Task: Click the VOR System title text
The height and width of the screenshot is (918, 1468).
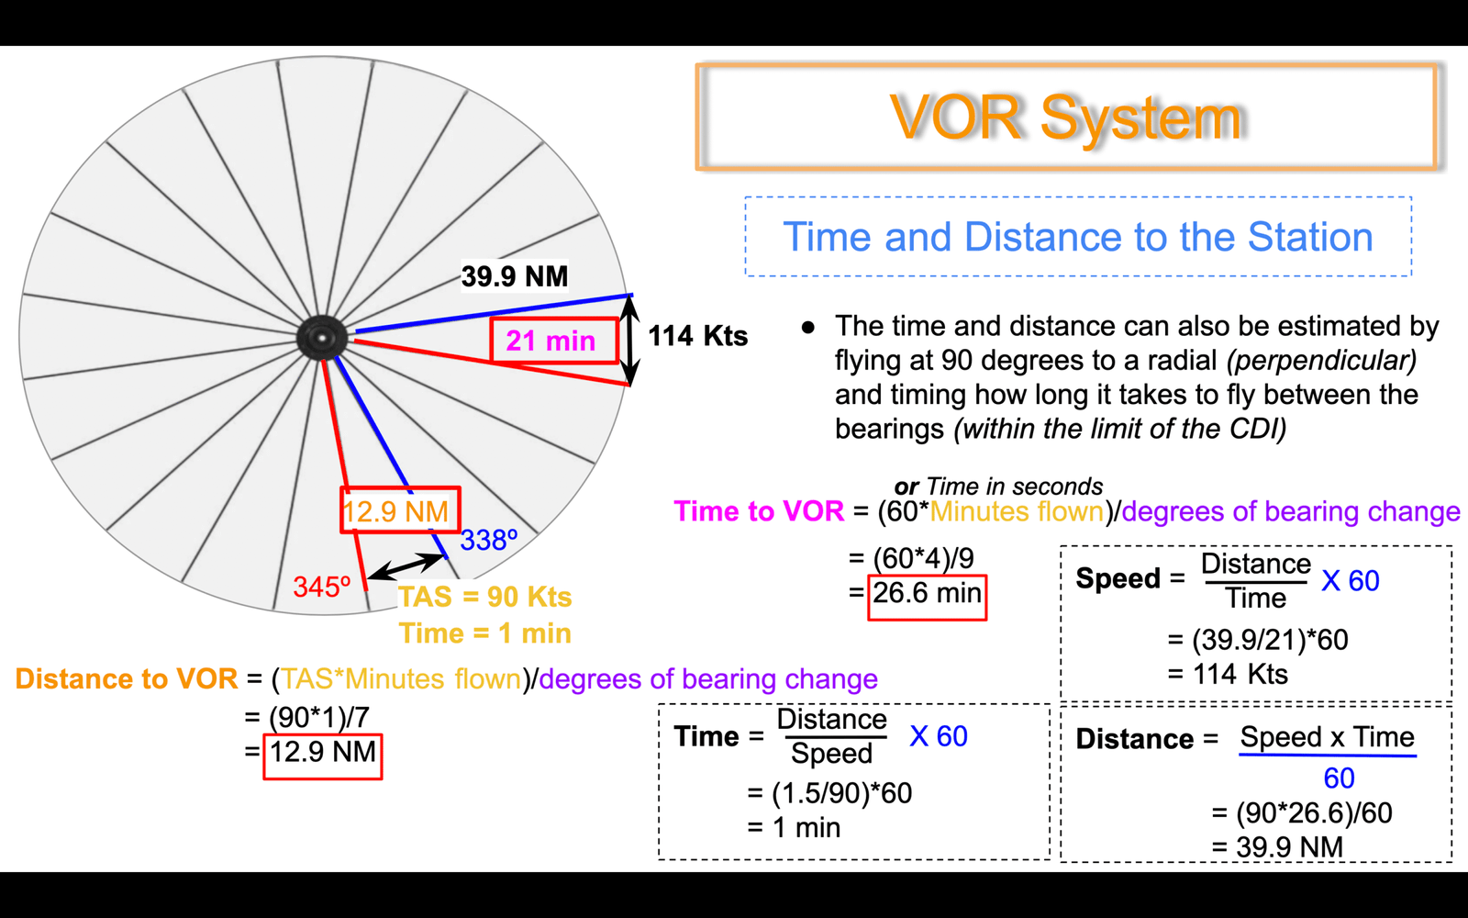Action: pyautogui.click(x=1066, y=118)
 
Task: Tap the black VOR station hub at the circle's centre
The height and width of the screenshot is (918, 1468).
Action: pyautogui.click(x=321, y=338)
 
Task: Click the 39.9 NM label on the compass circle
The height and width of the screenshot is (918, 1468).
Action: pyautogui.click(x=515, y=276)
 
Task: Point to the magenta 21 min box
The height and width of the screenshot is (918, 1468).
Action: pyautogui.click(x=554, y=341)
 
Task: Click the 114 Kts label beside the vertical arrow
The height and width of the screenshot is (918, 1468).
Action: pyautogui.click(x=698, y=336)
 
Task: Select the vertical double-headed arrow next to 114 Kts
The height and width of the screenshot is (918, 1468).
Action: pyautogui.click(x=629, y=340)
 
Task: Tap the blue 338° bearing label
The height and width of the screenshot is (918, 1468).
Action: pyautogui.click(x=489, y=541)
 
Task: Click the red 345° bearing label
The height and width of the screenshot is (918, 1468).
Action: pyautogui.click(x=322, y=587)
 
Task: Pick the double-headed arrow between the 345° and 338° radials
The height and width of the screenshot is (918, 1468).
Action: pyautogui.click(x=406, y=566)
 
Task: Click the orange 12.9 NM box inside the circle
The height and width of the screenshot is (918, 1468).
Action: pyautogui.click(x=400, y=509)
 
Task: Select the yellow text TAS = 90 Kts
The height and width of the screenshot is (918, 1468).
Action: pyautogui.click(x=485, y=597)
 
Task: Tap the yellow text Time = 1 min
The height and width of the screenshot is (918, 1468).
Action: pyautogui.click(x=485, y=633)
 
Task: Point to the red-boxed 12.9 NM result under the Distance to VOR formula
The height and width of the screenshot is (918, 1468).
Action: pyautogui.click(x=323, y=756)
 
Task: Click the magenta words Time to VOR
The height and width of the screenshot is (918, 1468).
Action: pyautogui.click(x=759, y=510)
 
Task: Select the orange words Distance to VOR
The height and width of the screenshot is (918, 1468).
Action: pyautogui.click(x=127, y=678)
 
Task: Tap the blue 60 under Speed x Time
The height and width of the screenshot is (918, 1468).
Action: pyautogui.click(x=1339, y=778)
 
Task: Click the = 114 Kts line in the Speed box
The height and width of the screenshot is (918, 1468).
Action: pyautogui.click(x=1228, y=674)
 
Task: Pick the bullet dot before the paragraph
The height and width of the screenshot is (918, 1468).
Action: pyautogui.click(x=808, y=327)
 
